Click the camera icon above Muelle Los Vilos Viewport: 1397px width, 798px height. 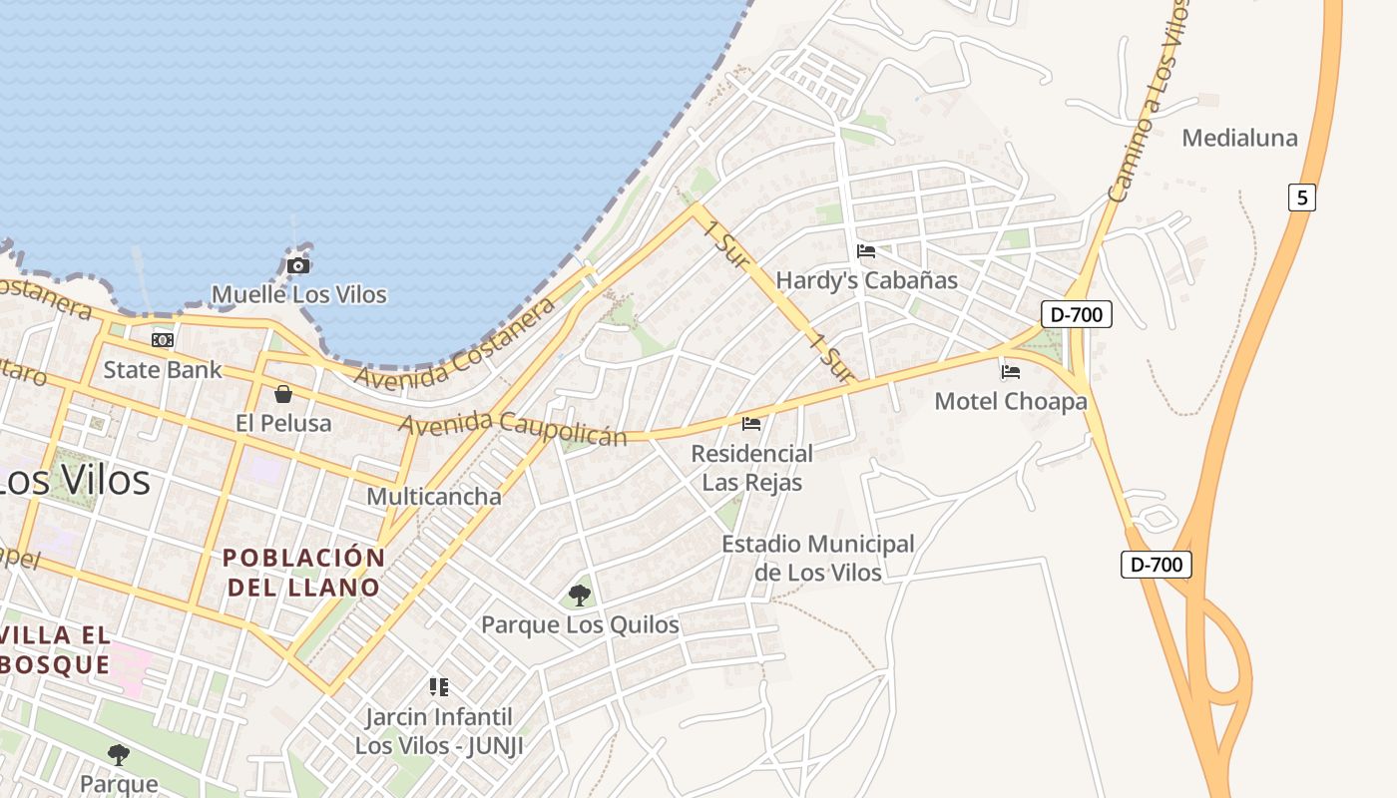pos(297,265)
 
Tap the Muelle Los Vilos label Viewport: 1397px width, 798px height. pos(298,294)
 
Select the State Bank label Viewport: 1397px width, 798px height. pos(163,369)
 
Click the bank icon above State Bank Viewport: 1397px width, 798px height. pos(163,340)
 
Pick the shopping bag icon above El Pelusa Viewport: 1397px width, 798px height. pos(283,394)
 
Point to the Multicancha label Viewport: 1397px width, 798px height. pos(434,496)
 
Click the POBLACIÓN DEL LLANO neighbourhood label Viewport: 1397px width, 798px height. pos(303,572)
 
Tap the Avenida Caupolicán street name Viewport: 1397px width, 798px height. pos(513,428)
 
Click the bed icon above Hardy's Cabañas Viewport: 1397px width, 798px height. pos(866,251)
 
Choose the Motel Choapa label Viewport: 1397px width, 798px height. pos(1010,401)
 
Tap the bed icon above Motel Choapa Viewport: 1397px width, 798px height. pos(1011,372)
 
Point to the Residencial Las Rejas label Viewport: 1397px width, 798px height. pos(752,468)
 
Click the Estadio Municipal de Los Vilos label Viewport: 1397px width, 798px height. pos(818,558)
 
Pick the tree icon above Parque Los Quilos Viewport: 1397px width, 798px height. pos(579,596)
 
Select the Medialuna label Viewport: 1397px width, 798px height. pos(1239,138)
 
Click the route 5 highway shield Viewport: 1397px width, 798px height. pos(1301,198)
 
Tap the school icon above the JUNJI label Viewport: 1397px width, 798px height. pos(439,686)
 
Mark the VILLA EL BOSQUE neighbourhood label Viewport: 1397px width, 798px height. pos(55,649)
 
